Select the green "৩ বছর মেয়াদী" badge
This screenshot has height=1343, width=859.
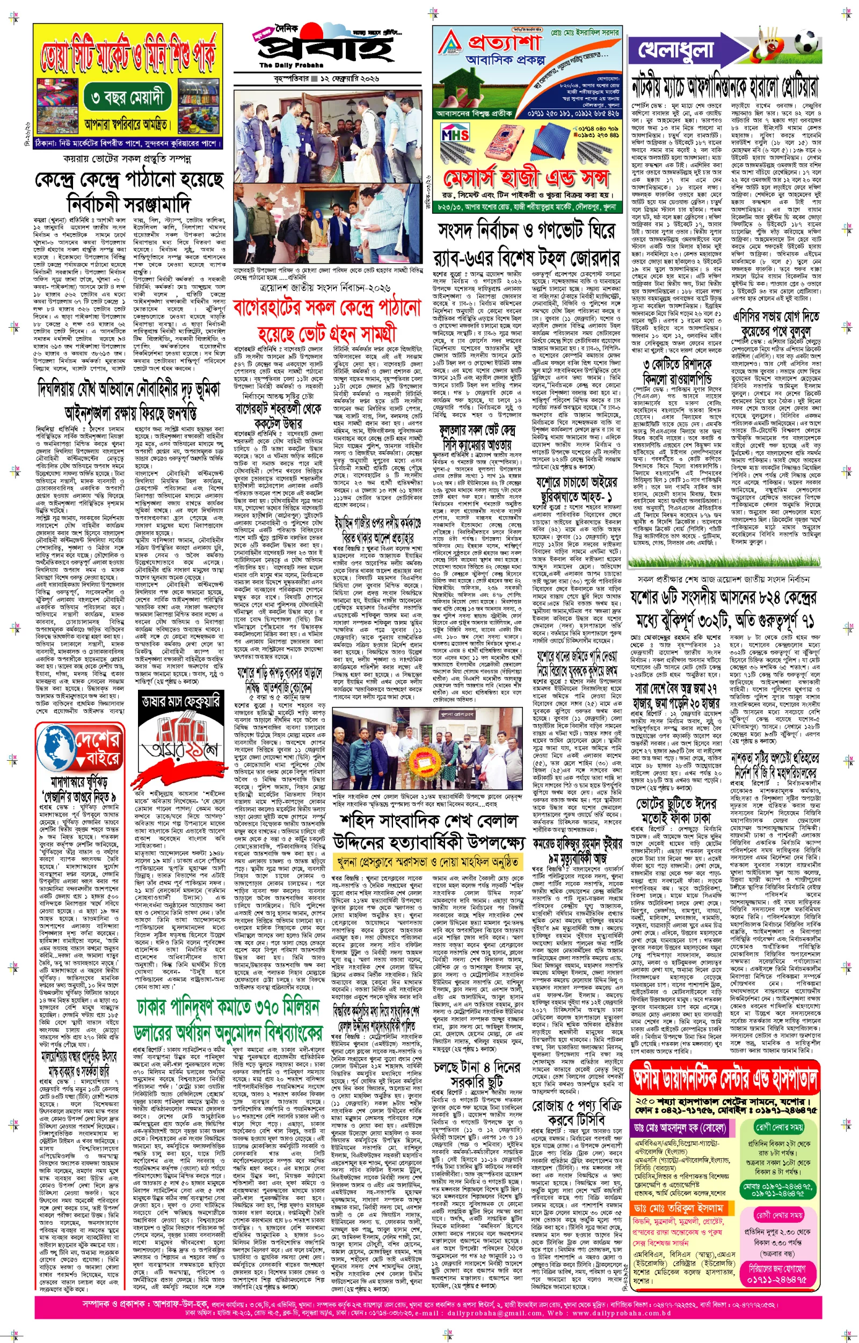[127, 98]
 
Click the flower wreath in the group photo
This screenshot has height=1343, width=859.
[427, 754]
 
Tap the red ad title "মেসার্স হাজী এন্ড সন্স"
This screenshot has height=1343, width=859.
[526, 178]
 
